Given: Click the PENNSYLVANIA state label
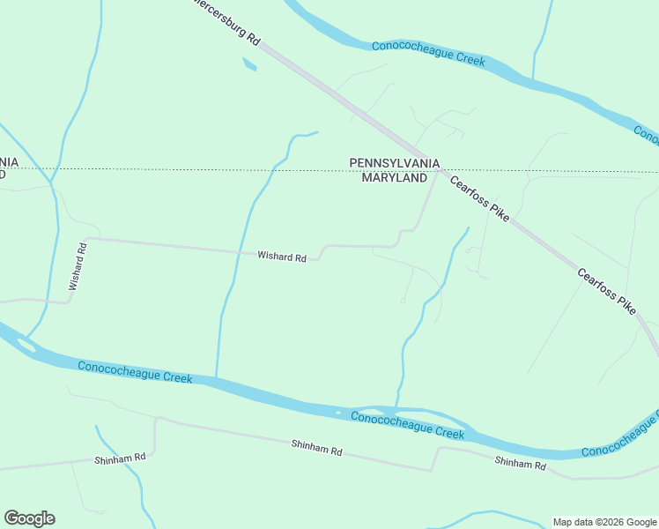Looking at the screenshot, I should coord(395,163).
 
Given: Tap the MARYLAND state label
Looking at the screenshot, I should coord(395,178).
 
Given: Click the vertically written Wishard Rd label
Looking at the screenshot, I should coord(79,266).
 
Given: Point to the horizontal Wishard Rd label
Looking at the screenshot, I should coord(281,257).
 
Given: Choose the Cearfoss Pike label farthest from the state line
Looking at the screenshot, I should coord(606,290).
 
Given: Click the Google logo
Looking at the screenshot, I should coord(29,518).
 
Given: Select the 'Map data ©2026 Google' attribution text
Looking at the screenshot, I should coord(603,522).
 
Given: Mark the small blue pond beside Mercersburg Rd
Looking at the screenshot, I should coord(249,64).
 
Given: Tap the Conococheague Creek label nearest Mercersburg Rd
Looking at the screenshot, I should coord(429,52).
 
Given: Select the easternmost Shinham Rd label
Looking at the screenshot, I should coord(520,463).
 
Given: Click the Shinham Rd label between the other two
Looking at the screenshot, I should coord(316,448).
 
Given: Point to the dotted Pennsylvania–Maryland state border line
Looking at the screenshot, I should coord(220,169).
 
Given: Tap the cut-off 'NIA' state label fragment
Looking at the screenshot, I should coord(9,161).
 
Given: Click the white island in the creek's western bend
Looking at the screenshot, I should coord(26,346).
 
